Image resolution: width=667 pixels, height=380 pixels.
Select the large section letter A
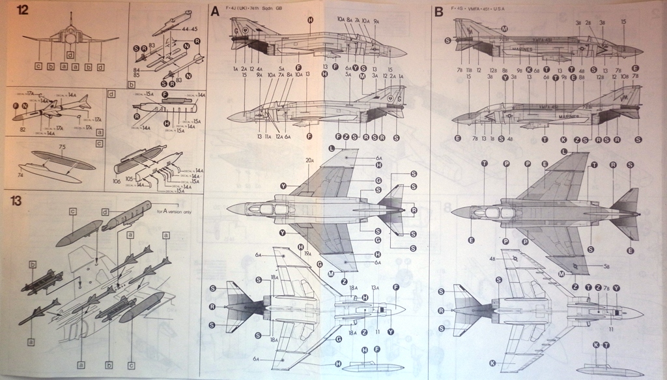coord(215,11)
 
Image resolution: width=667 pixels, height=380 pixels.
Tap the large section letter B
coord(438,11)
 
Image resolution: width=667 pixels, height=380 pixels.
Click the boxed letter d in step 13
coord(105,211)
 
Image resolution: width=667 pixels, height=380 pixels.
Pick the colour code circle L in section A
coord(332,149)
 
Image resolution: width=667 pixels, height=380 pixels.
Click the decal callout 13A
coord(375,287)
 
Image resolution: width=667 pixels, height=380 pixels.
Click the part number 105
coord(130,176)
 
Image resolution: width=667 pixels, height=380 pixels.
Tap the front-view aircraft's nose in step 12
coord(69,39)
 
